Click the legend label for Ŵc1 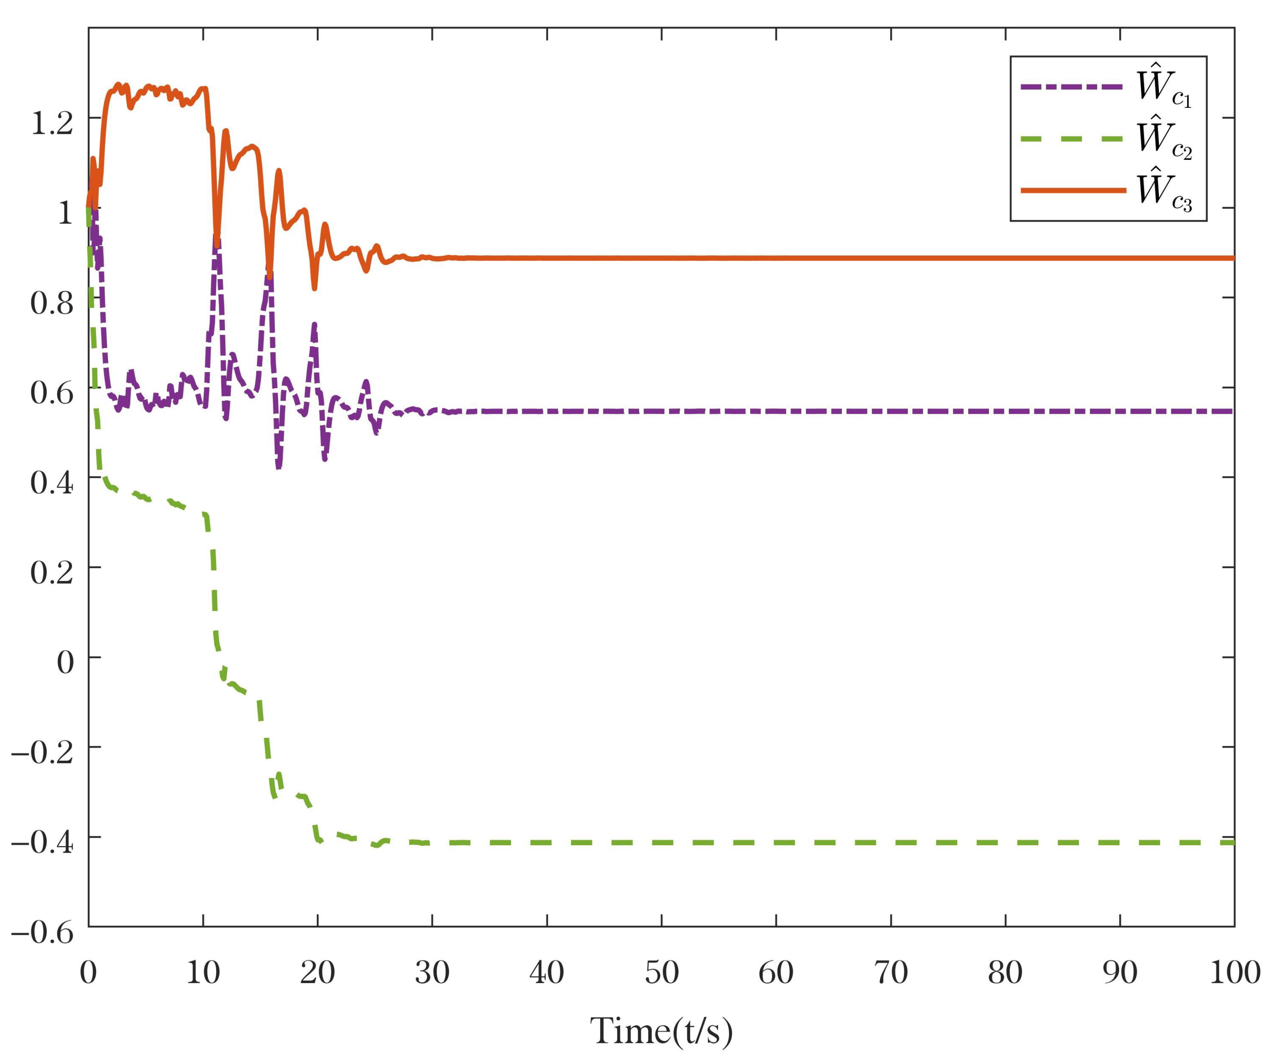(x=1164, y=88)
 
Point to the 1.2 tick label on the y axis (x=51, y=123)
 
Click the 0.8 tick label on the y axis (x=51, y=303)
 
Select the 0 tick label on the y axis (x=65, y=662)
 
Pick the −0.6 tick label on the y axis (x=43, y=931)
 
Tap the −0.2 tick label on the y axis (x=43, y=752)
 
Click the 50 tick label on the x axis (x=661, y=973)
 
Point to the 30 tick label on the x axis (x=432, y=973)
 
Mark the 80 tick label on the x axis (x=1005, y=973)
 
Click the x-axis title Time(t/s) (x=661, y=1030)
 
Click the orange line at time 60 (x=776, y=258)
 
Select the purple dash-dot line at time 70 (x=890, y=411)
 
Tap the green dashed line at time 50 (x=661, y=842)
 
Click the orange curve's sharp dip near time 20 (x=314, y=287)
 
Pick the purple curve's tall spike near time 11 (x=217, y=240)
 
